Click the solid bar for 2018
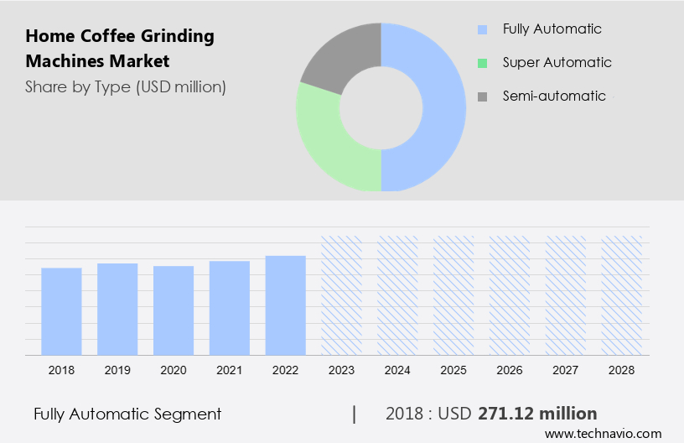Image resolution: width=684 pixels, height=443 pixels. click(61, 311)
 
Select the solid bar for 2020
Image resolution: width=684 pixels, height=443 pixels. click(174, 310)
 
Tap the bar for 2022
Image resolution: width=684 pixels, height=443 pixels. click(286, 305)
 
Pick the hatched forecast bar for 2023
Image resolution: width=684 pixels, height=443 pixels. click(342, 295)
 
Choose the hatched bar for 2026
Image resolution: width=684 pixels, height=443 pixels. click(510, 295)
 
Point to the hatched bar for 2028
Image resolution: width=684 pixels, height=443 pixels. click(622, 295)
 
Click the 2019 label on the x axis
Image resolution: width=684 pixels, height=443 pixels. click(117, 369)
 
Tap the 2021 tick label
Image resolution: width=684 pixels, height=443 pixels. click(230, 369)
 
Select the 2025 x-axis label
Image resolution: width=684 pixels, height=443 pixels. click(453, 369)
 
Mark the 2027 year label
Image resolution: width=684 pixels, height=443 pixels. click(566, 369)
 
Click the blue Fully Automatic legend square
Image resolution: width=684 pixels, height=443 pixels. click(482, 29)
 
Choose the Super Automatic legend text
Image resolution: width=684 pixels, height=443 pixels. click(557, 62)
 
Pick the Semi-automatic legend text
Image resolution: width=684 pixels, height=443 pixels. click(554, 96)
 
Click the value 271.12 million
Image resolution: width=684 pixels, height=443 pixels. click(537, 414)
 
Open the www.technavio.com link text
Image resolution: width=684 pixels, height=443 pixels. click(604, 433)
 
